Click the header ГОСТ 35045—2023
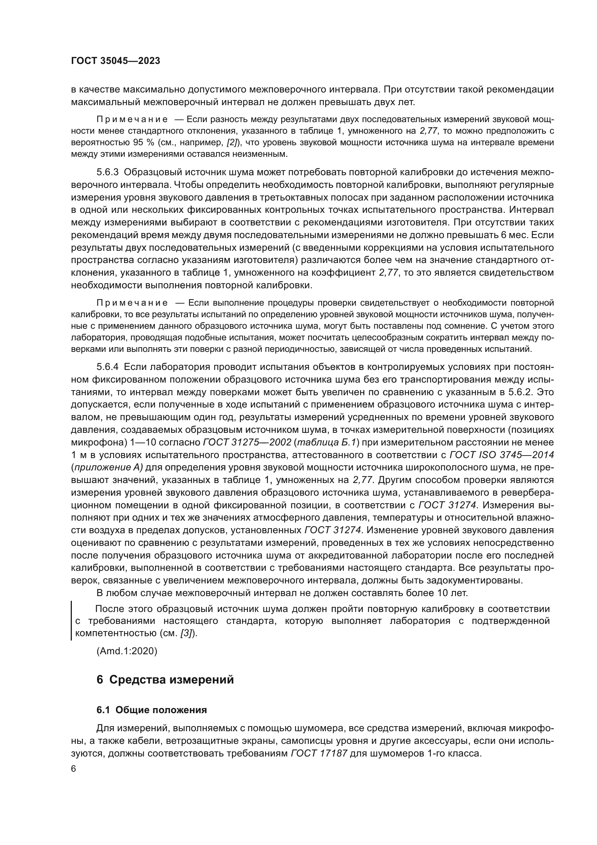point(116,61)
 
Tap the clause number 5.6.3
point(108,173)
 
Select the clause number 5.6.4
point(108,367)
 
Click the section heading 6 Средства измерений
point(165,680)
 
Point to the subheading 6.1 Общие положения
point(152,710)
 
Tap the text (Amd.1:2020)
point(127,651)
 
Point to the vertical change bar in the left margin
point(71,621)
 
